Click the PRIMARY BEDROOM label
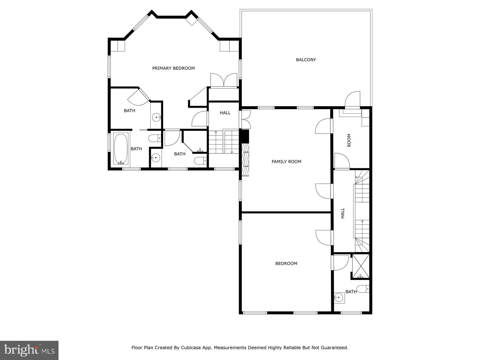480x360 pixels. click(x=173, y=68)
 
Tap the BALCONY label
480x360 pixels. click(x=306, y=59)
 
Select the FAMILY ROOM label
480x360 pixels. click(x=286, y=161)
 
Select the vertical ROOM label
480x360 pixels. click(x=349, y=140)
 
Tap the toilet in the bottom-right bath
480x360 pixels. click(x=363, y=289)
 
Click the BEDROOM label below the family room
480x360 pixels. click(x=286, y=263)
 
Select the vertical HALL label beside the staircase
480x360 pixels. click(x=343, y=213)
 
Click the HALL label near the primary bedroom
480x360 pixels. click(x=225, y=113)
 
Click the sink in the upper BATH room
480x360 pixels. click(x=156, y=117)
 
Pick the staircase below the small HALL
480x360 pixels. click(x=223, y=142)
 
